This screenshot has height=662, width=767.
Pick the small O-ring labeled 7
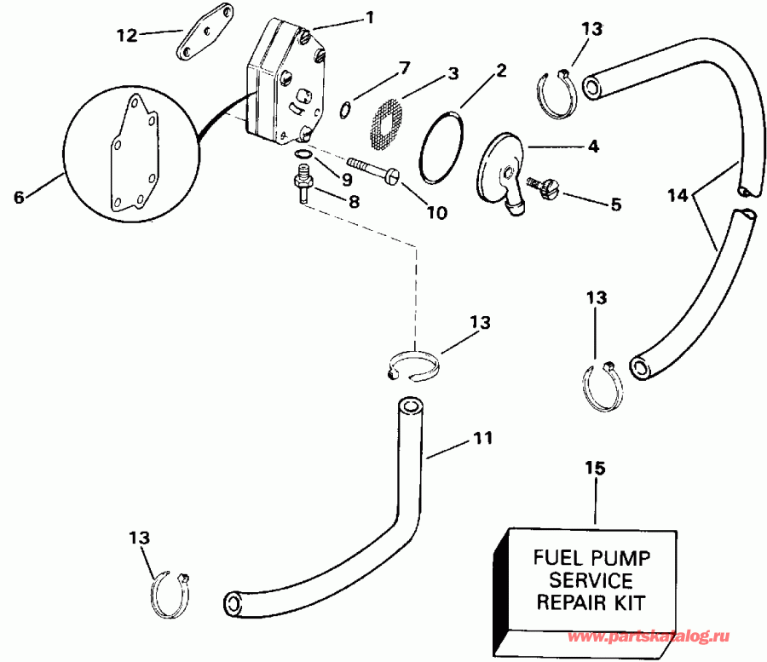[x=345, y=108]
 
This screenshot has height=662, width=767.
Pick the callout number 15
[x=595, y=468]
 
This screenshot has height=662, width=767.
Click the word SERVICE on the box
[x=591, y=581]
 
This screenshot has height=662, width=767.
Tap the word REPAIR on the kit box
[x=563, y=602]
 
